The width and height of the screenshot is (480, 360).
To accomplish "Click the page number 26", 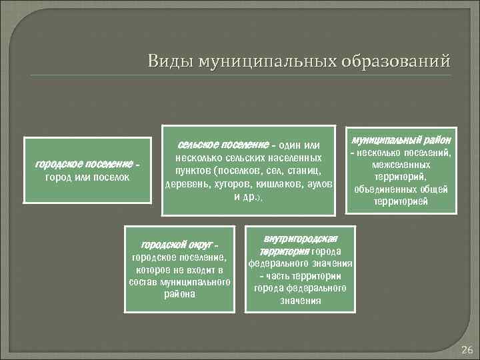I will coord(466,350).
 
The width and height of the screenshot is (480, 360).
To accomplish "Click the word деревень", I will coord(185,184).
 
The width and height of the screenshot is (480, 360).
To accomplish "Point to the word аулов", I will coord(320,184).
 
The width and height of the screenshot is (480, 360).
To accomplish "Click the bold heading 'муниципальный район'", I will coord(401,140).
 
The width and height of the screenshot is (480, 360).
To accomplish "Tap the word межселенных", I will coord(401,165).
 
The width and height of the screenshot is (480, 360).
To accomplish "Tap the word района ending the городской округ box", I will coord(179,294).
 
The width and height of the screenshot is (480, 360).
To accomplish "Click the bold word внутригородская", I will coord(300,239).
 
